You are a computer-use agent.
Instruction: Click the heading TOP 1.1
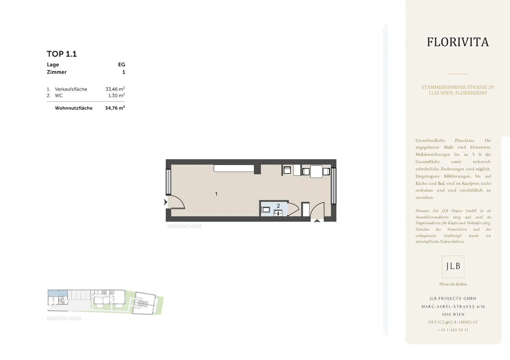[x=62, y=54]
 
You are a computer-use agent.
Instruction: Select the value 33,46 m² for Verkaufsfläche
[x=115, y=89]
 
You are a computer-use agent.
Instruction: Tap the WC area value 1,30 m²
[x=116, y=95]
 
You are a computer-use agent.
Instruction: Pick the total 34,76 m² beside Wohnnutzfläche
[x=115, y=108]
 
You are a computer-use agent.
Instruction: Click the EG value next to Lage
[x=122, y=65]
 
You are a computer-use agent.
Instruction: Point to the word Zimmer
[x=57, y=72]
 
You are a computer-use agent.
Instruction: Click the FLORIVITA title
[x=458, y=42]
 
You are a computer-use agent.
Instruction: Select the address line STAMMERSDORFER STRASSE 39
[x=458, y=87]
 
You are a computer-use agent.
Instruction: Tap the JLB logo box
[x=453, y=267]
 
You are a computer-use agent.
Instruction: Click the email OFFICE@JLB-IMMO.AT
[x=453, y=322]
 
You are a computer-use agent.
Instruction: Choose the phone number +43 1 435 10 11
[x=453, y=330]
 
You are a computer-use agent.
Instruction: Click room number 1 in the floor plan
[x=216, y=194]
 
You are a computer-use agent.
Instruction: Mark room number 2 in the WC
[x=278, y=206]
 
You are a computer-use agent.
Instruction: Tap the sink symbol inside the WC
[x=278, y=213]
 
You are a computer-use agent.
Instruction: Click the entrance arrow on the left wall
[x=166, y=202]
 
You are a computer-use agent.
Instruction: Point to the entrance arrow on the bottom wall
[x=317, y=221]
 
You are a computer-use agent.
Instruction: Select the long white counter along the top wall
[x=234, y=168]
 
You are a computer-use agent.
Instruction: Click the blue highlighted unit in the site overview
[x=57, y=293]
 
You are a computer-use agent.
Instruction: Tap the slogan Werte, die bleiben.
[x=453, y=284]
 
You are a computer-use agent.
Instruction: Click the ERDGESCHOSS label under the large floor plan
[x=184, y=226]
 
